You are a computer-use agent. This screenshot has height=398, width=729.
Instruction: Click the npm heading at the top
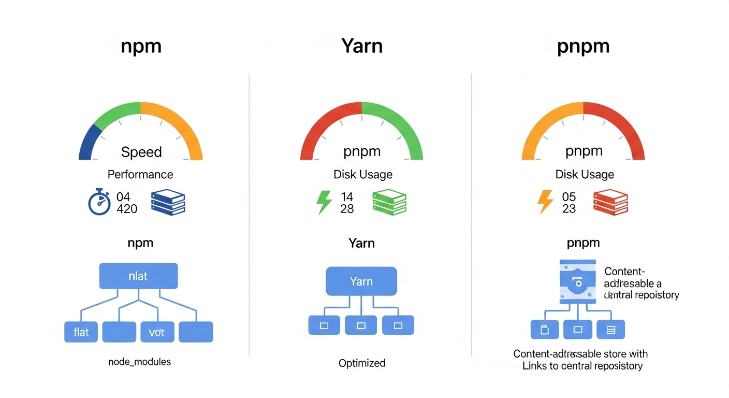[141, 47]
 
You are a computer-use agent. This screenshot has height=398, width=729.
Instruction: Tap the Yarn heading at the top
[362, 46]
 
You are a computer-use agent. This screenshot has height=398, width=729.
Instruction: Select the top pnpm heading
[583, 47]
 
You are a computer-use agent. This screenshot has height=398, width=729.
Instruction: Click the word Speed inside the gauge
[141, 152]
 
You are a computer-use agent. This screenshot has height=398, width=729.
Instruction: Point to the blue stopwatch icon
[99, 203]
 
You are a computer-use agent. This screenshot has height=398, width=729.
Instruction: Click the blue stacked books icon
[168, 203]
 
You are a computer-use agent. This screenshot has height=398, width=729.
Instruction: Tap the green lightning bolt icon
[324, 203]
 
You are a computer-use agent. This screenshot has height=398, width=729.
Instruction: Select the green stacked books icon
[389, 203]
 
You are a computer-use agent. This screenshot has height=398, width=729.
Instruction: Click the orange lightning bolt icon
[545, 202]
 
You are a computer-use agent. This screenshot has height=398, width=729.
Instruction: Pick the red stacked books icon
[610, 203]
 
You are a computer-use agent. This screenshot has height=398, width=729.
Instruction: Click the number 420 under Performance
[127, 209]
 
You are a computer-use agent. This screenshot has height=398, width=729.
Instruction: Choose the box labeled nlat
[138, 276]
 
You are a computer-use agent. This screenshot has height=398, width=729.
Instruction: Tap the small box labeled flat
[81, 332]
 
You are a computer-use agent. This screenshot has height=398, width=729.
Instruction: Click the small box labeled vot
[157, 332]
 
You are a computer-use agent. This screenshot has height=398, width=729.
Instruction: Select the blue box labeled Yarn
[361, 281]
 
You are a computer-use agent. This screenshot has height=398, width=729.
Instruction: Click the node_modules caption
[139, 362]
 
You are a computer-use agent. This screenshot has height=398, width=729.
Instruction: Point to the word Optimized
[362, 363]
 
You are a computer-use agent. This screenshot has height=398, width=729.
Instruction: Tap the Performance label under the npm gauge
[140, 175]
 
